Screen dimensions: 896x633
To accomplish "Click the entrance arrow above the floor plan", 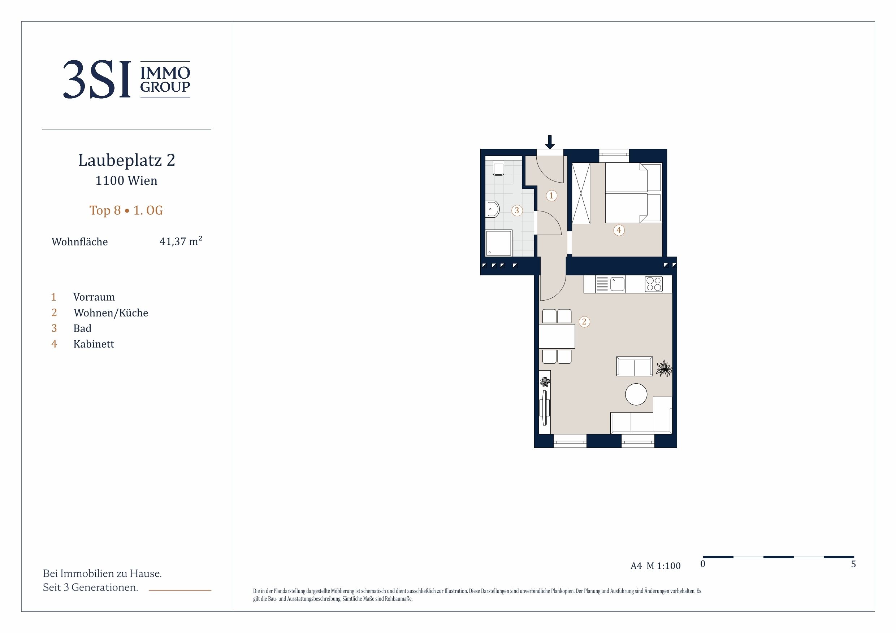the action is point(550,142).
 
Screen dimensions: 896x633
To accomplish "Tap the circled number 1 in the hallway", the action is point(551,195).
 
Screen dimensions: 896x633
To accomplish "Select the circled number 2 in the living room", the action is point(584,322).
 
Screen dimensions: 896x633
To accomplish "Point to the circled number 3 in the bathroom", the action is point(517,211).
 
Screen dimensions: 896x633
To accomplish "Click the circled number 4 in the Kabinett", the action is point(619,230).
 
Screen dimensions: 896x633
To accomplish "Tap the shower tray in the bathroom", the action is point(499,243).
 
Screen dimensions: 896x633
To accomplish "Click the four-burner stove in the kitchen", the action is point(654,284).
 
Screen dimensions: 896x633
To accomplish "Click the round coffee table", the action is point(636,394).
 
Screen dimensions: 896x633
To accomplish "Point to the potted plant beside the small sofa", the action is point(664,368).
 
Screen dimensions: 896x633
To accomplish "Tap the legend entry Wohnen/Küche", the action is point(111,313).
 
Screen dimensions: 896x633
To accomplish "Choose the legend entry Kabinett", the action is point(94,344).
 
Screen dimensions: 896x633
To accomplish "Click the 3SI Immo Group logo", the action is point(126,79).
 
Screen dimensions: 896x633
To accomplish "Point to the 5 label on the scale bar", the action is point(853,564).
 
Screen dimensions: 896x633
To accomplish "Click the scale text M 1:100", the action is point(663,566).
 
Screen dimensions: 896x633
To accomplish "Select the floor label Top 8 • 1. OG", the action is point(126,210).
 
